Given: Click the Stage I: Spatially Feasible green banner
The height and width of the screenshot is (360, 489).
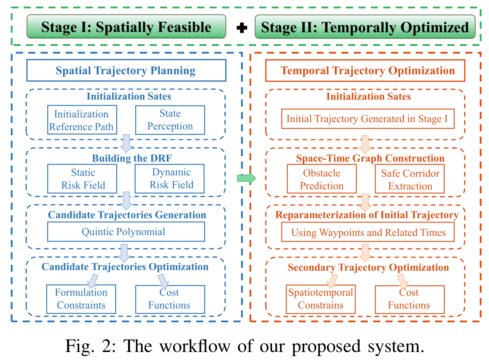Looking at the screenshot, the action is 127,27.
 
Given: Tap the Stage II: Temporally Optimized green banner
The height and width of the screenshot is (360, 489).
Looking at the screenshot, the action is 365,27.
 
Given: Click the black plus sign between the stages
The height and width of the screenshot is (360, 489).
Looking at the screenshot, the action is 242,28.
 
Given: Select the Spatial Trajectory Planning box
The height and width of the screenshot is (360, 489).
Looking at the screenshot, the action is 127,70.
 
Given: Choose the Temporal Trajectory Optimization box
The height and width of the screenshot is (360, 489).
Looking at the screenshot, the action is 365,71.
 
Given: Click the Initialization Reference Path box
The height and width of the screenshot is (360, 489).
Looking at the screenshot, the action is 82,120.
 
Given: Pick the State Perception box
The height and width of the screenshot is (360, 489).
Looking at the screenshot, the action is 170,120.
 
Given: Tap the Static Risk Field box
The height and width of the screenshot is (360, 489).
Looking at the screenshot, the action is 82,179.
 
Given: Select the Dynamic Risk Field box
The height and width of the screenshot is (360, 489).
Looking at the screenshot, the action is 170,179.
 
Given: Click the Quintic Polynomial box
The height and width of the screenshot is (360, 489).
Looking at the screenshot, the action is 126,232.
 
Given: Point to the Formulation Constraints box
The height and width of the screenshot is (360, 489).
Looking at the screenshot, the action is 81,299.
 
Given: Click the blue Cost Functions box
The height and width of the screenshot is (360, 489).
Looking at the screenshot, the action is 170,299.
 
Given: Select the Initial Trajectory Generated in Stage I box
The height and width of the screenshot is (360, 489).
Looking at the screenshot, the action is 368,119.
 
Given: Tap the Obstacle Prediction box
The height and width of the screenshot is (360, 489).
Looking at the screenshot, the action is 322,179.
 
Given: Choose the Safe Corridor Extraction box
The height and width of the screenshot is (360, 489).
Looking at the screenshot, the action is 410,179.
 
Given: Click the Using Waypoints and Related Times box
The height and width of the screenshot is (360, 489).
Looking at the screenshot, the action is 368,232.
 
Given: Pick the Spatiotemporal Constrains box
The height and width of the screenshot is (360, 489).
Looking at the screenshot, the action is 321,299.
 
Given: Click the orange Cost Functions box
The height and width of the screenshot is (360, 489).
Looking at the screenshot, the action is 410,300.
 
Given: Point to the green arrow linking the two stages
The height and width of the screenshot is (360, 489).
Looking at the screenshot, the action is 247,178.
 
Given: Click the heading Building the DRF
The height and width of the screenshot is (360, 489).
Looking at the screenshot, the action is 132,158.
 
